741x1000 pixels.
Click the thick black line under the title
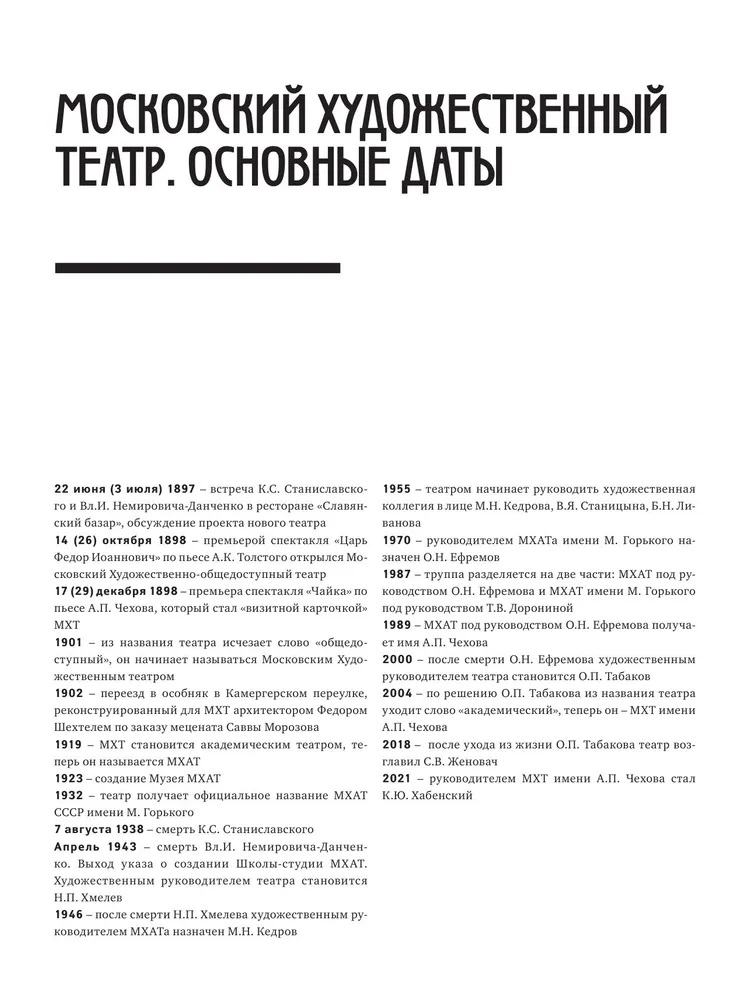pos(197,268)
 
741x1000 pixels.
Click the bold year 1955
pos(399,489)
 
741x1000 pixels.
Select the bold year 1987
pos(399,575)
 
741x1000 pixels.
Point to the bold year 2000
pos(399,660)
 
